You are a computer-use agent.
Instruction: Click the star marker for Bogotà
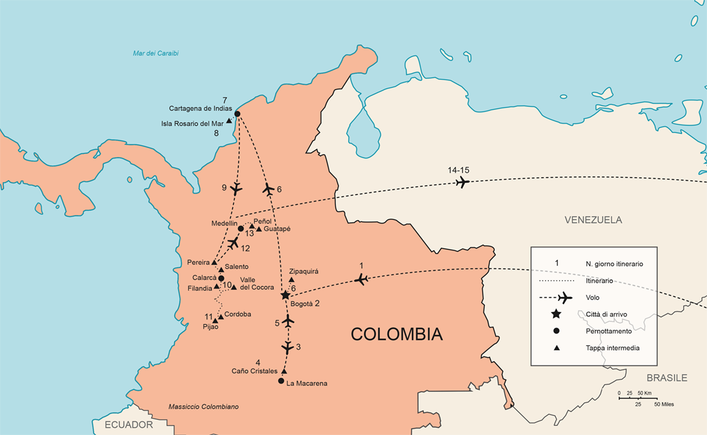point(285,295)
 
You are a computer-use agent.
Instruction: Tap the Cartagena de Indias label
point(201,109)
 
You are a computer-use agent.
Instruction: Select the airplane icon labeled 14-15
point(462,182)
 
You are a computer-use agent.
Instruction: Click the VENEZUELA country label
point(593,220)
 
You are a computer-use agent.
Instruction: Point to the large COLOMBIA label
point(396,334)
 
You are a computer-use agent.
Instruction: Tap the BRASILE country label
point(667,378)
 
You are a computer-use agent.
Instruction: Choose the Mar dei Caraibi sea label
point(155,53)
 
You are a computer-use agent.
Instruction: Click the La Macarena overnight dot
point(281,381)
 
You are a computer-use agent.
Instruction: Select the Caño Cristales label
point(254,371)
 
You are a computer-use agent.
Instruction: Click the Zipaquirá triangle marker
point(291,280)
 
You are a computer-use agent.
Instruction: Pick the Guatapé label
point(277,229)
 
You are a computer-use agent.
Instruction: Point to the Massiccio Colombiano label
point(203,407)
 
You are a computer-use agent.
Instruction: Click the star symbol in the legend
point(557,314)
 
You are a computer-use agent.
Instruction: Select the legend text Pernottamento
point(609,331)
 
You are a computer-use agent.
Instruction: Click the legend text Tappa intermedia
point(612,348)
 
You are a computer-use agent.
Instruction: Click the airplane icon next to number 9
point(236,188)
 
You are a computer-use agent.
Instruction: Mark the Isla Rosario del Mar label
point(192,123)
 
